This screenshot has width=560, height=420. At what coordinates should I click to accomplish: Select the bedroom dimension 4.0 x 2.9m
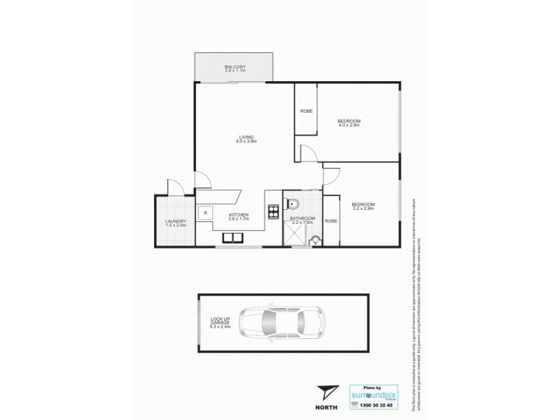point(349,125)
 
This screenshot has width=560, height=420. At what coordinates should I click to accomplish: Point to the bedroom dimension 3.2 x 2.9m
point(363,209)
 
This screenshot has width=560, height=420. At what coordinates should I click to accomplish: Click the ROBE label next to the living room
point(306,111)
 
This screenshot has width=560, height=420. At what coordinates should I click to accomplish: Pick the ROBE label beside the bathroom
point(331,220)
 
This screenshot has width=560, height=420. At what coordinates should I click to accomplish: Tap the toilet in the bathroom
point(294,204)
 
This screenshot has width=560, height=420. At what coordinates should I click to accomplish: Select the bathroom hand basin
point(316,240)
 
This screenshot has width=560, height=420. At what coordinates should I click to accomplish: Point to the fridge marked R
point(205,213)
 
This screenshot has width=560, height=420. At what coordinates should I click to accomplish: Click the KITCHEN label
point(239,216)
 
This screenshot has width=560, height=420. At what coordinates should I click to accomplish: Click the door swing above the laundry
point(176,188)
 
